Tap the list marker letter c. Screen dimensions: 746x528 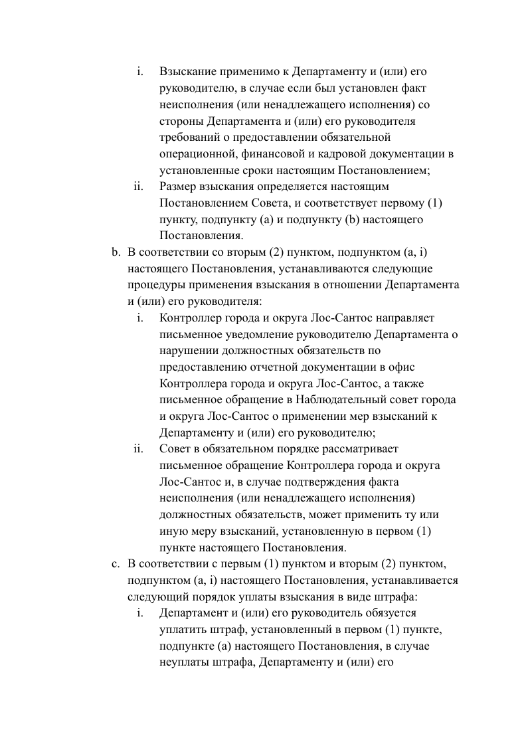[x=114, y=564]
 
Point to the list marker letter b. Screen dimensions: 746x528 [x=115, y=252]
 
